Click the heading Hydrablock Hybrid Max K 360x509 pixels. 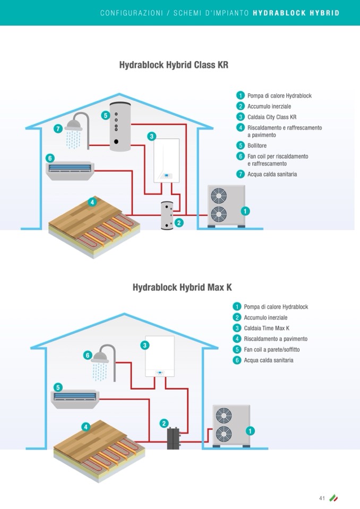tap(182, 288)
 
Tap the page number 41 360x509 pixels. tap(322, 498)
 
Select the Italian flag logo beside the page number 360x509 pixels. tap(333, 498)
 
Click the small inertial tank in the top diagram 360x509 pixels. tap(168, 215)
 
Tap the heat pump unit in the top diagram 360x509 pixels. tap(225, 206)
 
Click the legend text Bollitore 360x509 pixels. tap(257, 145)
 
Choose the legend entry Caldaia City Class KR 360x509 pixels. tap(272, 117)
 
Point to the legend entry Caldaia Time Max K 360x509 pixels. tap(267, 328)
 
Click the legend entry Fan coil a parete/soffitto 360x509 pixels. tap(272, 349)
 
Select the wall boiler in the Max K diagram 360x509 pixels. tap(159, 356)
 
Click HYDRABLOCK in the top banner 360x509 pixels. tap(279, 13)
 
